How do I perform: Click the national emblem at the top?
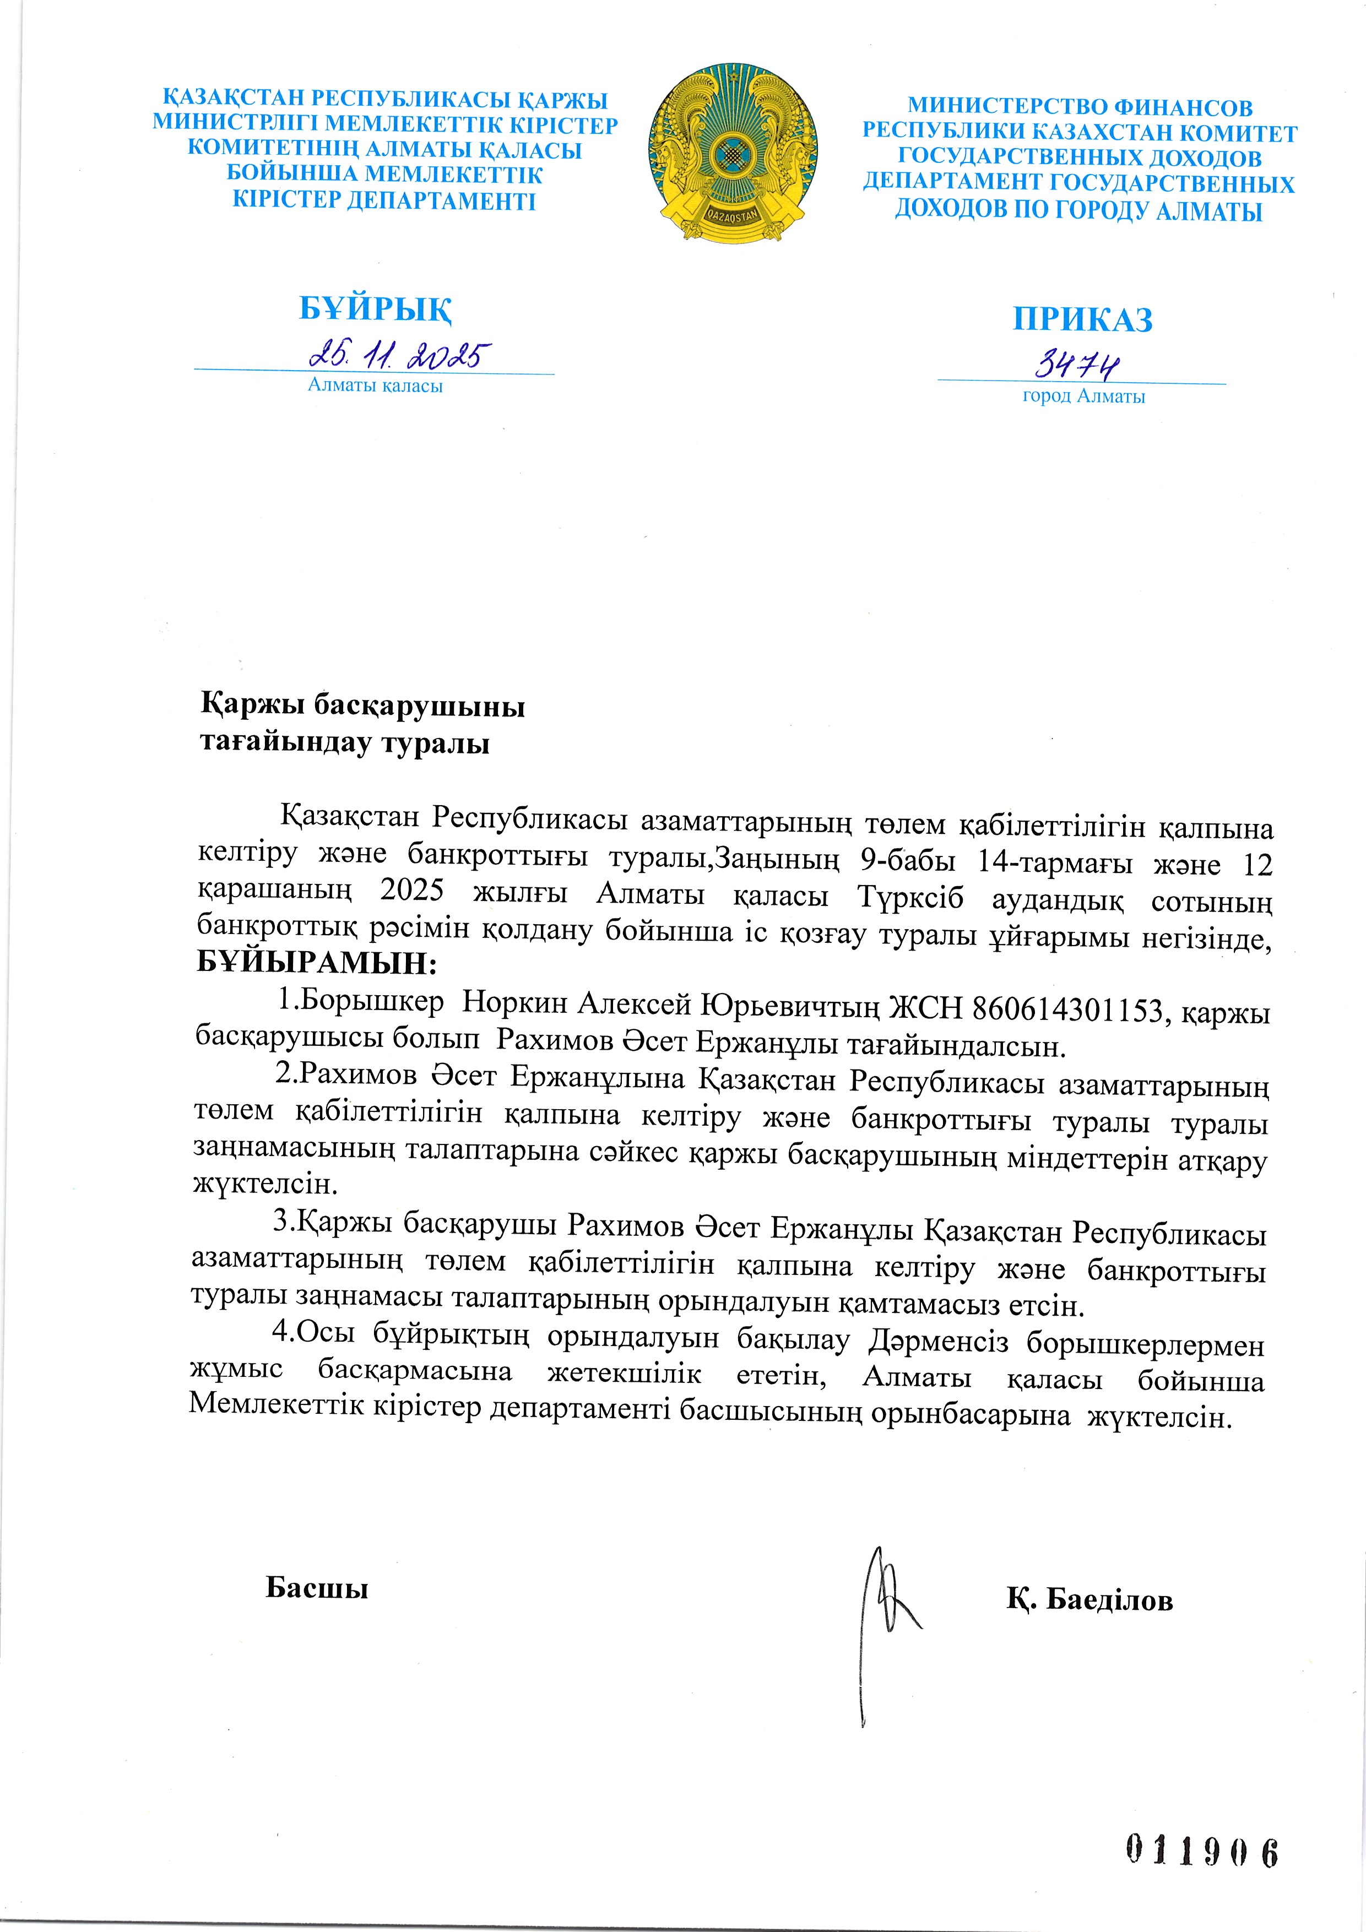[x=732, y=154]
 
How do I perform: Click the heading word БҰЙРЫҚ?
[x=376, y=310]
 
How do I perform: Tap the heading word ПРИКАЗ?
[x=1082, y=320]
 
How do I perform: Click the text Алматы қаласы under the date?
[x=376, y=386]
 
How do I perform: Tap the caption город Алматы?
[x=1083, y=397]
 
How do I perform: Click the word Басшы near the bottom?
[x=317, y=1587]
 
